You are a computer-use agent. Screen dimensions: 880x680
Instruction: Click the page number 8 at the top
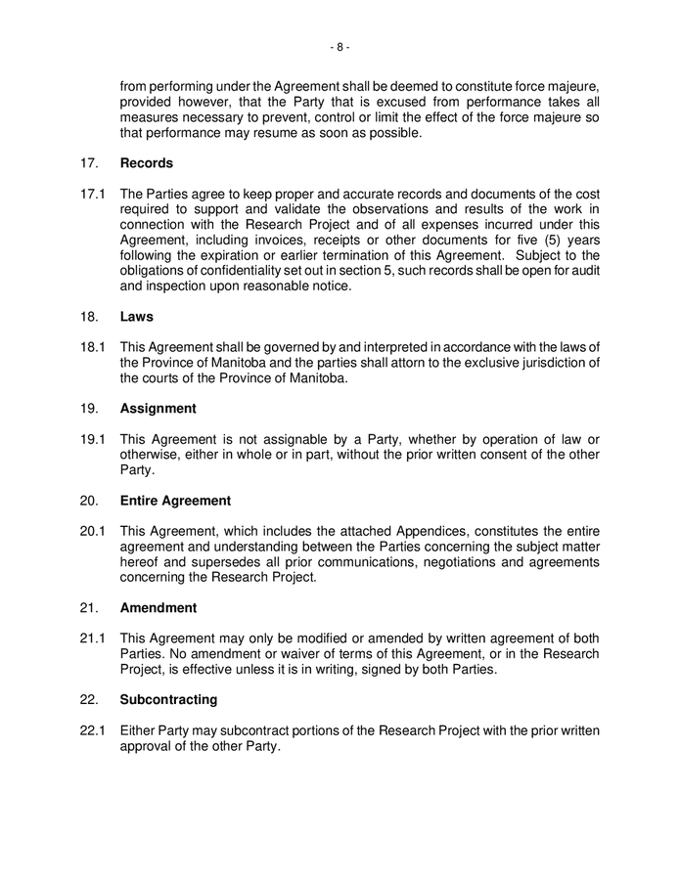click(x=340, y=46)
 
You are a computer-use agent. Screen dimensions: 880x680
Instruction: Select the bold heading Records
click(x=146, y=163)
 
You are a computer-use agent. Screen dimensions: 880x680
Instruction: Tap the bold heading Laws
click(x=137, y=317)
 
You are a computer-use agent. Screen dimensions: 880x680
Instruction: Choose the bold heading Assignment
click(x=158, y=409)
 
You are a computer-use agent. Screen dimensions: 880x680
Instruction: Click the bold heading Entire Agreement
click(x=175, y=501)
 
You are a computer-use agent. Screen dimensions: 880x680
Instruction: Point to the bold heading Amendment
click(x=158, y=608)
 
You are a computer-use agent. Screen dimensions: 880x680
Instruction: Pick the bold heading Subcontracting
click(x=168, y=700)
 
